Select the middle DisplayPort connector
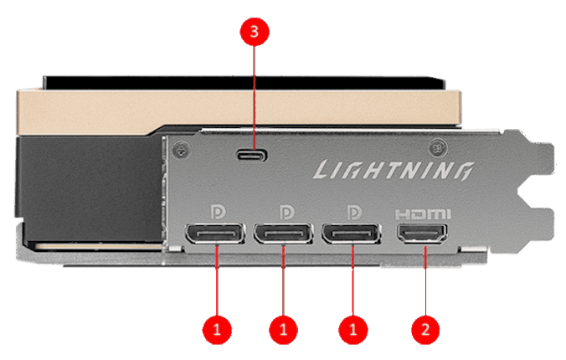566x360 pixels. (285, 234)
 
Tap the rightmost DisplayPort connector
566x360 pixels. (352, 234)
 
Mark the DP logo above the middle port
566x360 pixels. (285, 206)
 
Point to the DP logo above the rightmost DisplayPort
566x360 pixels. (352, 206)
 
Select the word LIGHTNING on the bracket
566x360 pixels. (390, 172)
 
